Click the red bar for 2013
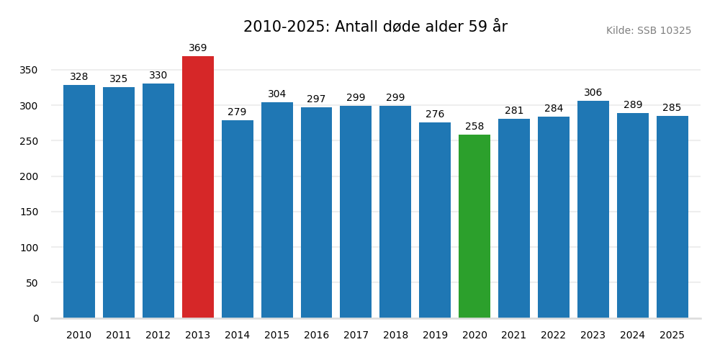[198, 187]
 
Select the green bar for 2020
[474, 226]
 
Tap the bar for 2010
[79, 202]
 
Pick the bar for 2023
[593, 209]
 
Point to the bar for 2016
[316, 212]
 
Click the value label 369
[198, 48]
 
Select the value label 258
[474, 127]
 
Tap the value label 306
[593, 93]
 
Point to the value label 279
[237, 112]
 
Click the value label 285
[672, 108]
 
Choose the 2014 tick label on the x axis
[237, 336]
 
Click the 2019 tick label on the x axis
[435, 336]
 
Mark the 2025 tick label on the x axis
[672, 336]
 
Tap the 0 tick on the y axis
[36, 318]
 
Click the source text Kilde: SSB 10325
[649, 31]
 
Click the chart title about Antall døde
[375, 27]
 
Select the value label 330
[158, 76]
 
